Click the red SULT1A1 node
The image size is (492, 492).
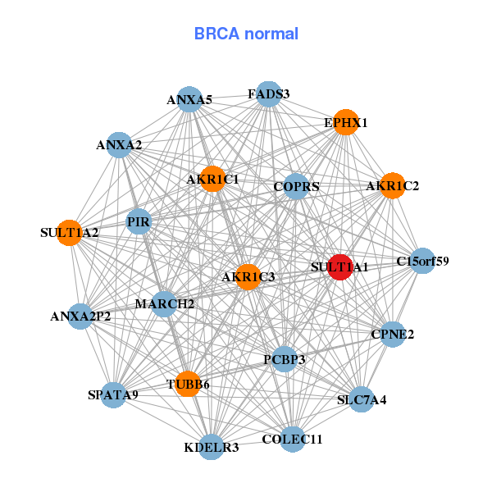[339, 267]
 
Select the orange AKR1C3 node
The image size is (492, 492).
[248, 276]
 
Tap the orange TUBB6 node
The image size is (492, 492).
[188, 384]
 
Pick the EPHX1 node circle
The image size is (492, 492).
[346, 122]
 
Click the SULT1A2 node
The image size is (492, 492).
[70, 232]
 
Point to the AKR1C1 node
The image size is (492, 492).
[212, 179]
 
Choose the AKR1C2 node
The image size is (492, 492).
[392, 186]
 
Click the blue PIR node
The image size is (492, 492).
[139, 221]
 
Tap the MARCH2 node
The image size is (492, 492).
[164, 304]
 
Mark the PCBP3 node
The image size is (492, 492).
[284, 359]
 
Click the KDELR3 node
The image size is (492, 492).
[212, 447]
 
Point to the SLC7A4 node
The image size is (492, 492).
[362, 400]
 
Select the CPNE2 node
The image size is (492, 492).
[393, 334]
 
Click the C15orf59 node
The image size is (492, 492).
[422, 262]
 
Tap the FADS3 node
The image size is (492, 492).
[269, 94]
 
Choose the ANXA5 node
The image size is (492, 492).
[189, 100]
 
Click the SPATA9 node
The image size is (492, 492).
[113, 394]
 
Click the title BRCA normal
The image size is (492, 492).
[246, 34]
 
